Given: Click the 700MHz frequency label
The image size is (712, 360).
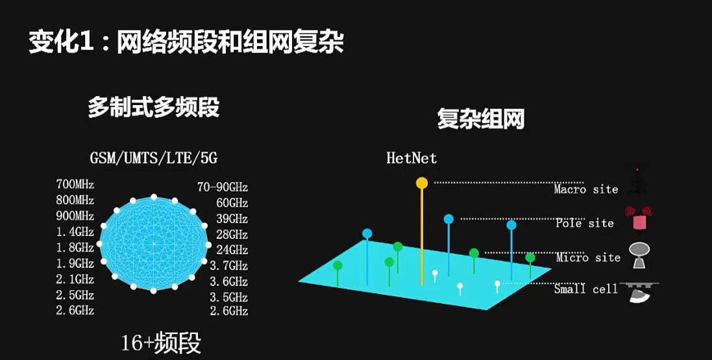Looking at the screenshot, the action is [75, 185].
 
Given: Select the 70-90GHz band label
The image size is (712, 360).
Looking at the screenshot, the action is [223, 187].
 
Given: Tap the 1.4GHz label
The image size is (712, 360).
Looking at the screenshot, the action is [75, 232].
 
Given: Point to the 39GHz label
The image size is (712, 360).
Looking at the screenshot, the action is [232, 219].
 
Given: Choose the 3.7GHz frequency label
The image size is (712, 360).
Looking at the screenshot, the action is [228, 265].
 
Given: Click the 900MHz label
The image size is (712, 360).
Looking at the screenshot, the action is [75, 216].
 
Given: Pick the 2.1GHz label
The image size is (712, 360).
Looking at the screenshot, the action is [75, 280].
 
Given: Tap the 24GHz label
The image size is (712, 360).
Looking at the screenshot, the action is [232, 250].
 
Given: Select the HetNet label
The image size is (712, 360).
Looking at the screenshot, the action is [411, 158].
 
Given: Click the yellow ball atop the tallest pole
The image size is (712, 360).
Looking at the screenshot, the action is [422, 183].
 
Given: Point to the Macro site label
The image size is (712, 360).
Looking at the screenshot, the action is [585, 189].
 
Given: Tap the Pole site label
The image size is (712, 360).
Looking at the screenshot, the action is [584, 223].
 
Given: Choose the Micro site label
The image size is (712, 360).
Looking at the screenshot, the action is [588, 258].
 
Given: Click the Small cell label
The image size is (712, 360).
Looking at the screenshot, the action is [585, 289].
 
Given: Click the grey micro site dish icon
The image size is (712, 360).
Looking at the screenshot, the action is [639, 255].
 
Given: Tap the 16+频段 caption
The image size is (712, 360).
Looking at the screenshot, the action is [161, 342].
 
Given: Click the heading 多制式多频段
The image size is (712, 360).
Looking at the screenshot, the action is [154, 108].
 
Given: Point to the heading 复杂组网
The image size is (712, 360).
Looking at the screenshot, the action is [480, 119].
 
